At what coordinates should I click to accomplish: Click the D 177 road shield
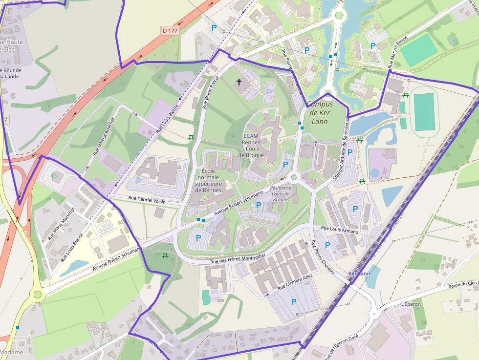click(170, 30)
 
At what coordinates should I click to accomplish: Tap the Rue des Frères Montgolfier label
click(238, 259)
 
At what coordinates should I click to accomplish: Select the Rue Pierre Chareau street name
click(323, 257)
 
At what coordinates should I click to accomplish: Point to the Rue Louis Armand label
click(339, 230)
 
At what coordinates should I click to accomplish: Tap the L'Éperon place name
click(411, 304)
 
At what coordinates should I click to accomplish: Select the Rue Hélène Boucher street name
click(103, 136)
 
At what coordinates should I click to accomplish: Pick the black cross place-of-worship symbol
click(239, 82)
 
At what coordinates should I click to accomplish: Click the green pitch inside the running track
click(424, 112)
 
